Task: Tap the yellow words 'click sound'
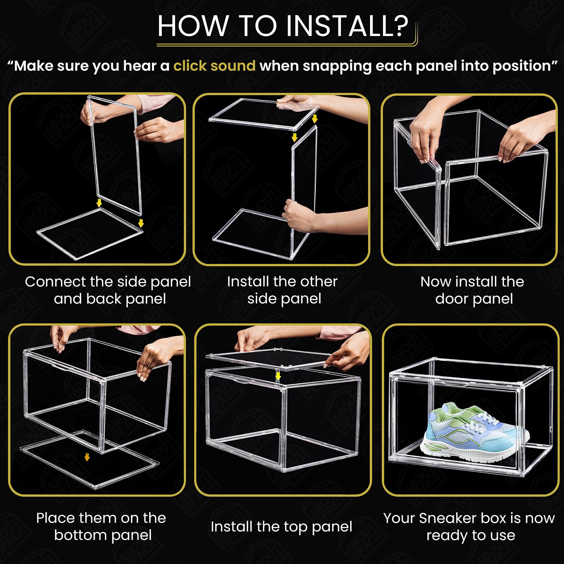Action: (x=214, y=66)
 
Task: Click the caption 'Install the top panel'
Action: (x=281, y=527)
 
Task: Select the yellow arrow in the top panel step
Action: (x=278, y=376)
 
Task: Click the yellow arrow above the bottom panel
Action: (x=87, y=457)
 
